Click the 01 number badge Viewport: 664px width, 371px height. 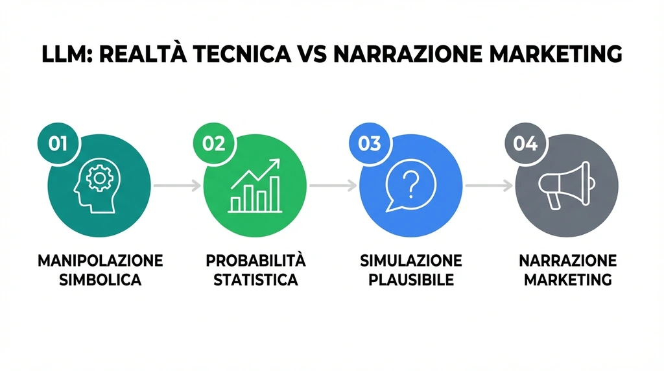coord(58,143)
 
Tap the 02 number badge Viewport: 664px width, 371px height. coord(213,143)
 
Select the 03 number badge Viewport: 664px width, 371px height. coord(369,143)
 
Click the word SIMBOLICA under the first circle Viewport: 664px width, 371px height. coord(100,281)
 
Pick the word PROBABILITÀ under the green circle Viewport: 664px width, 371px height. coord(255,261)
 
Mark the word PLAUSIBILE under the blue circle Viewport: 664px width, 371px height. coord(411,281)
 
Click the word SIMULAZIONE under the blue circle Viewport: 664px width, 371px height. coord(411,261)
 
